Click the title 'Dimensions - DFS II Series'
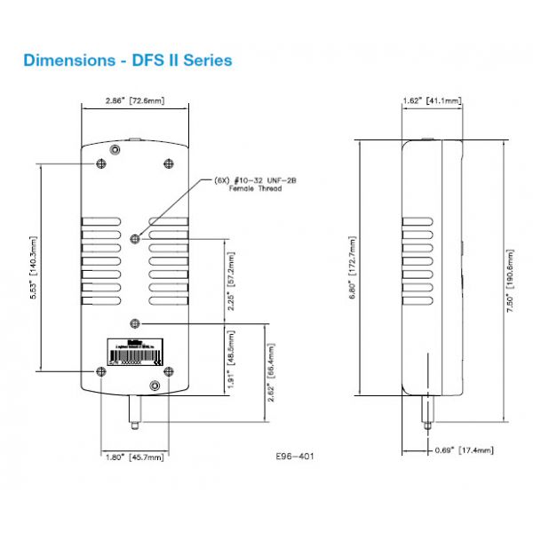click(128, 60)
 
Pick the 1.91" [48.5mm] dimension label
click(233, 359)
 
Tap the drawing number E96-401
click(295, 457)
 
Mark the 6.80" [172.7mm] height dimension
click(353, 266)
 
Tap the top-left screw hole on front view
click(100, 163)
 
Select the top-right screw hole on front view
click(169, 163)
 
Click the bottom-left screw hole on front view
click(100, 370)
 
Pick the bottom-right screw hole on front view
click(155, 385)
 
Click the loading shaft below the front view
click(135, 411)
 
